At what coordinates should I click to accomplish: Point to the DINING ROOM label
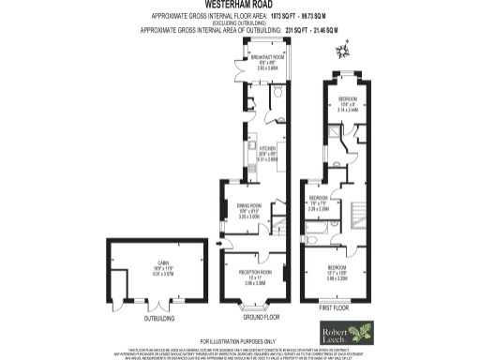(x=248, y=205)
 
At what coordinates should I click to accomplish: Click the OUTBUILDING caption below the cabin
(x=146, y=315)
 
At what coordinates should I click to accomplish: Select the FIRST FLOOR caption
(x=335, y=307)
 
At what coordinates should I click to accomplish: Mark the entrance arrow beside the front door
(x=220, y=247)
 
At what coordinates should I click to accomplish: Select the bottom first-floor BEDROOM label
(x=338, y=248)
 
